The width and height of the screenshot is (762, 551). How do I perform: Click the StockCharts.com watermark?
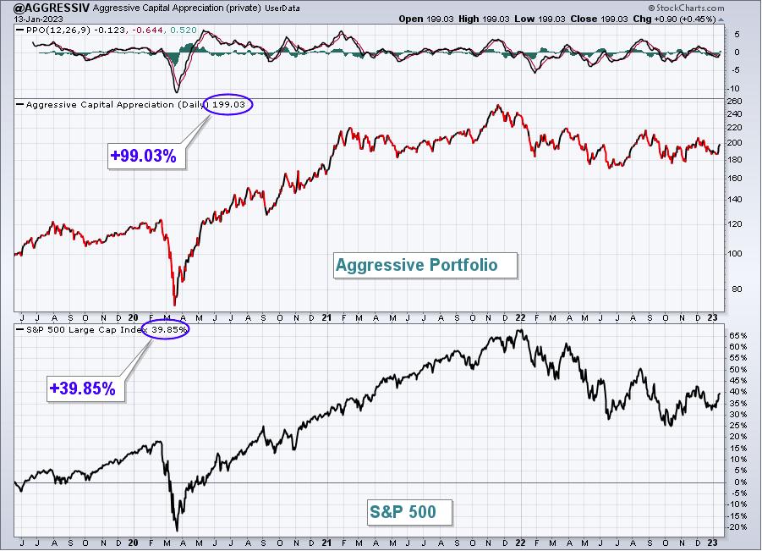tap(686, 8)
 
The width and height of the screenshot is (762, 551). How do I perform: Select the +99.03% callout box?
tap(146, 156)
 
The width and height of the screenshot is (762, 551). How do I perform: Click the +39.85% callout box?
tap(85, 388)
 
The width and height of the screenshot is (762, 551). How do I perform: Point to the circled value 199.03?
tap(228, 105)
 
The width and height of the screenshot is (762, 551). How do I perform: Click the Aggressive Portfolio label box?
tap(425, 265)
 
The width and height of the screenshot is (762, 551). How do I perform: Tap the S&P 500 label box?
tap(409, 512)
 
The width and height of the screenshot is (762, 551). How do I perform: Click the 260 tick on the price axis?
tap(735, 102)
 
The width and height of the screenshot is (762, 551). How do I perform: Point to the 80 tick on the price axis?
tap(737, 289)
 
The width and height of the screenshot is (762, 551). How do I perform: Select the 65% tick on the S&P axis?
tap(737, 335)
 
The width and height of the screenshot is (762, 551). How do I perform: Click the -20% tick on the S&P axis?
tap(737, 527)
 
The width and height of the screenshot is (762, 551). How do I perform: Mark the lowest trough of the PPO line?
tap(177, 92)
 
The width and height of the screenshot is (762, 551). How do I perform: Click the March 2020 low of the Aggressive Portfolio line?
tap(174, 305)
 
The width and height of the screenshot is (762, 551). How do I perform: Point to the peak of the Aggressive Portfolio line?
tap(497, 105)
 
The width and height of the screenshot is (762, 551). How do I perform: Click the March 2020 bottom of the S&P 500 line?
tap(177, 531)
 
